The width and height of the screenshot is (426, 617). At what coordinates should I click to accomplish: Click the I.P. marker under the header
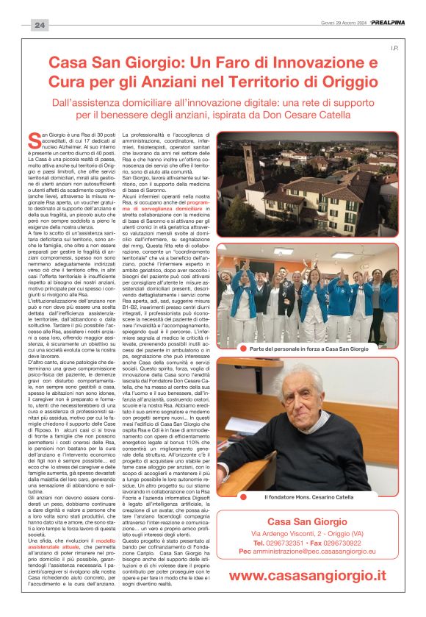pyautogui.click(x=393, y=49)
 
